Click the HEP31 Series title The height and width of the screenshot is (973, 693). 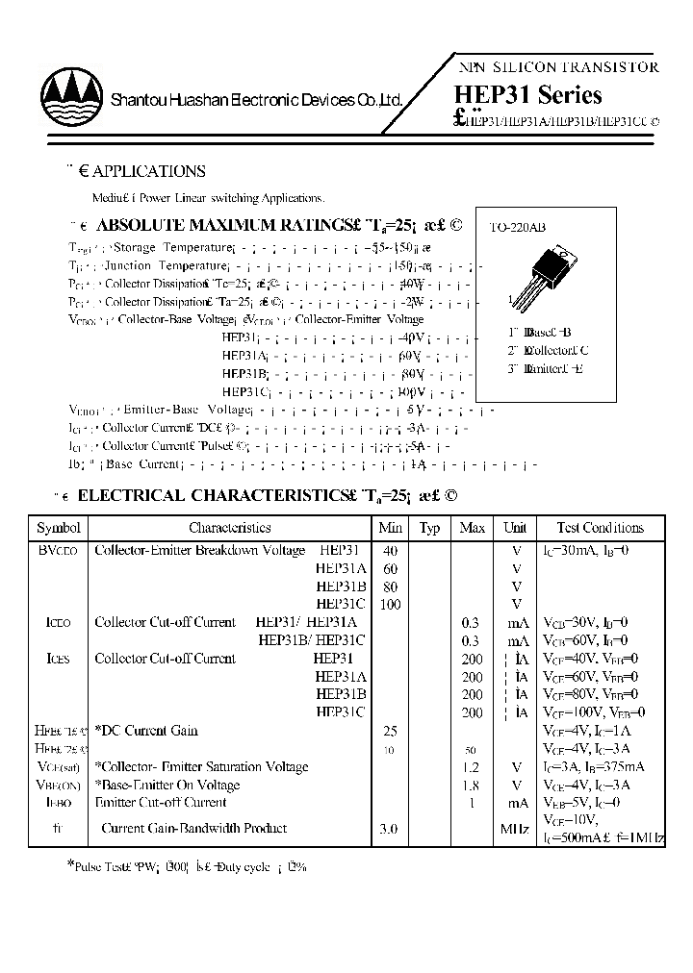click(526, 95)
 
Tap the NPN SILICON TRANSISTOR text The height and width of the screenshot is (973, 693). click(556, 67)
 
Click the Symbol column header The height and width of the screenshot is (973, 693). click(59, 528)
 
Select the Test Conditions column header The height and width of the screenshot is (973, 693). click(600, 528)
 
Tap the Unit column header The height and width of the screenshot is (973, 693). click(515, 528)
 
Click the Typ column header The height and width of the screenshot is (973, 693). click(429, 528)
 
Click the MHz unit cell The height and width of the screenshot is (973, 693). click(515, 828)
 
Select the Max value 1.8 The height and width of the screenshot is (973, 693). click(472, 785)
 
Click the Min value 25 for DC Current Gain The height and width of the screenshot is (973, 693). click(389, 731)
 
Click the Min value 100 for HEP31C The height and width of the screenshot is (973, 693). click(389, 604)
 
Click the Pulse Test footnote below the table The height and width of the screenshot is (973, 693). click(187, 866)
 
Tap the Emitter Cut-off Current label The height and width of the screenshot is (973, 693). click(161, 802)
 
